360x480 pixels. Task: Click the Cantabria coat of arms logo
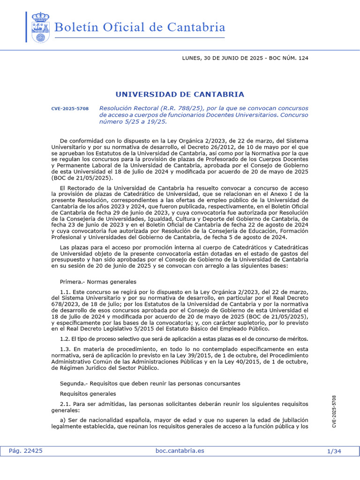click(40, 28)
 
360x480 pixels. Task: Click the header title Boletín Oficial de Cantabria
click(140, 27)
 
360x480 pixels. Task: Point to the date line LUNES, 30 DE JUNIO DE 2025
click(222, 58)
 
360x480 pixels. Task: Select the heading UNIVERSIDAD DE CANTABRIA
click(180, 94)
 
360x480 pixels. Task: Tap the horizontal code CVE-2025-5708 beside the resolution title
click(70, 109)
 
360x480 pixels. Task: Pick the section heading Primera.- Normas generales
click(98, 282)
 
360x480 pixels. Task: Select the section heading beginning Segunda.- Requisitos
click(150, 383)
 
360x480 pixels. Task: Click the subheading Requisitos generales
click(88, 394)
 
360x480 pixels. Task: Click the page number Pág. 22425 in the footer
click(26, 451)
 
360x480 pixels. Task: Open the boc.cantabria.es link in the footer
click(180, 451)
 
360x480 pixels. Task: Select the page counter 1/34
click(334, 451)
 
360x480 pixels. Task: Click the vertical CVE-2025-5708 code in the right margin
click(334, 411)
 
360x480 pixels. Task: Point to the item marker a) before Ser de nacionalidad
click(63, 420)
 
